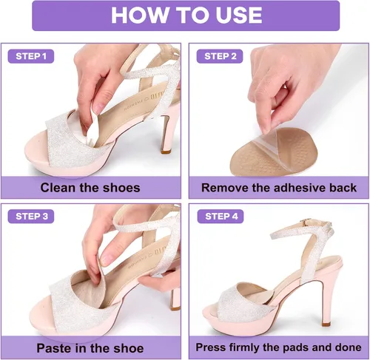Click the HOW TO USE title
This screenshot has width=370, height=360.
pos(186,16)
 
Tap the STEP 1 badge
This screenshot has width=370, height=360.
pos(31,56)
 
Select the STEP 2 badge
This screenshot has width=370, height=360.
pos(220,56)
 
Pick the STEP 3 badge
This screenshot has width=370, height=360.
pos(31,217)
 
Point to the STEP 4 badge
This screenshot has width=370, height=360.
pos(221,217)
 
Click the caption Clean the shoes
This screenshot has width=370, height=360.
pos(90,188)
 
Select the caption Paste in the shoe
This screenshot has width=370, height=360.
pos(90,348)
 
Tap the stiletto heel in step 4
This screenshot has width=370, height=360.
pos(326,301)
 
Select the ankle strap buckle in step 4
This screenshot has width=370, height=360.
pos(306,223)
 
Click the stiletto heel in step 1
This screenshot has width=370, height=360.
pos(167,133)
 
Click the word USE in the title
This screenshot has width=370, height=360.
pos(239,16)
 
